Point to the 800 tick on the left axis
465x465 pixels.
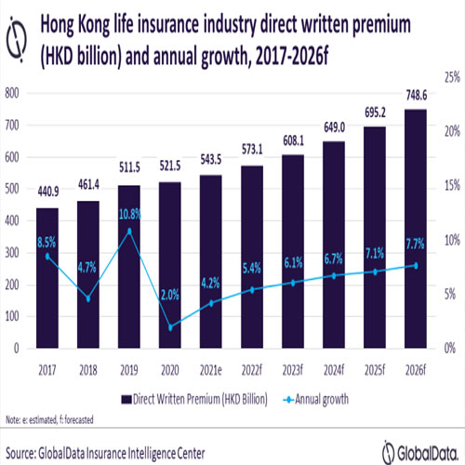(x=13, y=93)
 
